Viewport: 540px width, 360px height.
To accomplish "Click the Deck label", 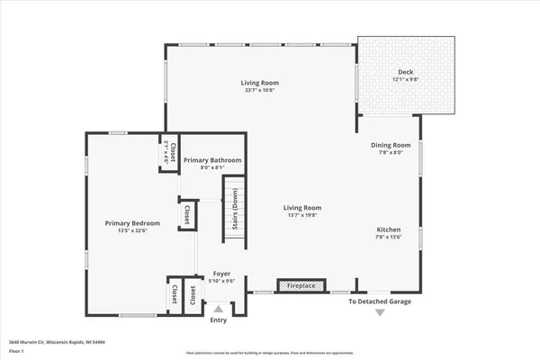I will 406,72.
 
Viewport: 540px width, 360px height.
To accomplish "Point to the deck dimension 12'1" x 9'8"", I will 406,80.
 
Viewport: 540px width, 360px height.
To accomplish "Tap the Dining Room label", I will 391,145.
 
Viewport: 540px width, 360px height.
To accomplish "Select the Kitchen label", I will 389,229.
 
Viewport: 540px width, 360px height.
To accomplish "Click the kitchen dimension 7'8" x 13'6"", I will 389,238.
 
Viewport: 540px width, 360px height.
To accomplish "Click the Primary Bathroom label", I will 212,160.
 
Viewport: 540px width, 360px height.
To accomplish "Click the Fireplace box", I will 297,286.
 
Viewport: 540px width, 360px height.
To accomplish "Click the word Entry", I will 219,320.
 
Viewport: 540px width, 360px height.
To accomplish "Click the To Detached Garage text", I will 380,301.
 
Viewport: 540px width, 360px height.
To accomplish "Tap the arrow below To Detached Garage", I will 380,312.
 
